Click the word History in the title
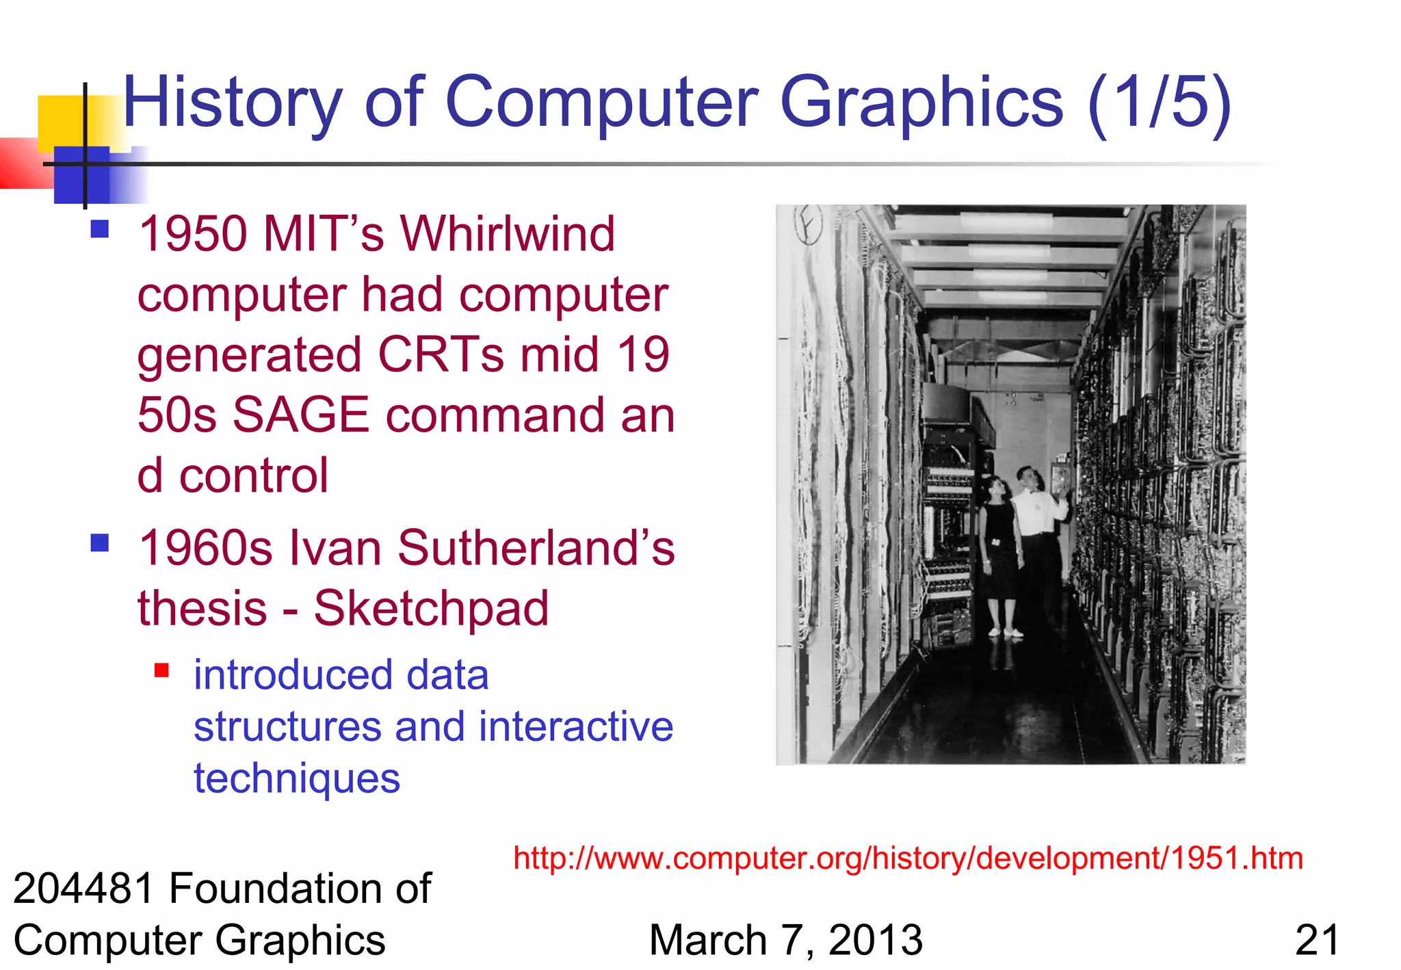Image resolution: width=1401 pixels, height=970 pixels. pos(232,103)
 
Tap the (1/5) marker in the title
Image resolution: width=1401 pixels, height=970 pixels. pos(1159,103)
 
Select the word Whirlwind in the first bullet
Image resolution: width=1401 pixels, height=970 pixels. pos(508,234)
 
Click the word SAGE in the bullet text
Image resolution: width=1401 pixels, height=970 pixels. pos(301,415)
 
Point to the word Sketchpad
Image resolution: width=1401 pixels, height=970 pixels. pos(431,608)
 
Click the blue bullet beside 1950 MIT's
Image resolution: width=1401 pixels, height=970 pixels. pos(100,228)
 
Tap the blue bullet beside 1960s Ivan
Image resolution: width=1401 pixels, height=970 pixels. pos(100,543)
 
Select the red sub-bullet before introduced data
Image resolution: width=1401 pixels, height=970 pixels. pos(161,670)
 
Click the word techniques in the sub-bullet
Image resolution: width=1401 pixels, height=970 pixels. pos(296,778)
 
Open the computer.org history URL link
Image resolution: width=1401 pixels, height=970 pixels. pos(908,858)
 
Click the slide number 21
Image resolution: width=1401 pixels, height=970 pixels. pos(1317,940)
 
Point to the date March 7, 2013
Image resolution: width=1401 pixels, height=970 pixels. pos(785,940)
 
